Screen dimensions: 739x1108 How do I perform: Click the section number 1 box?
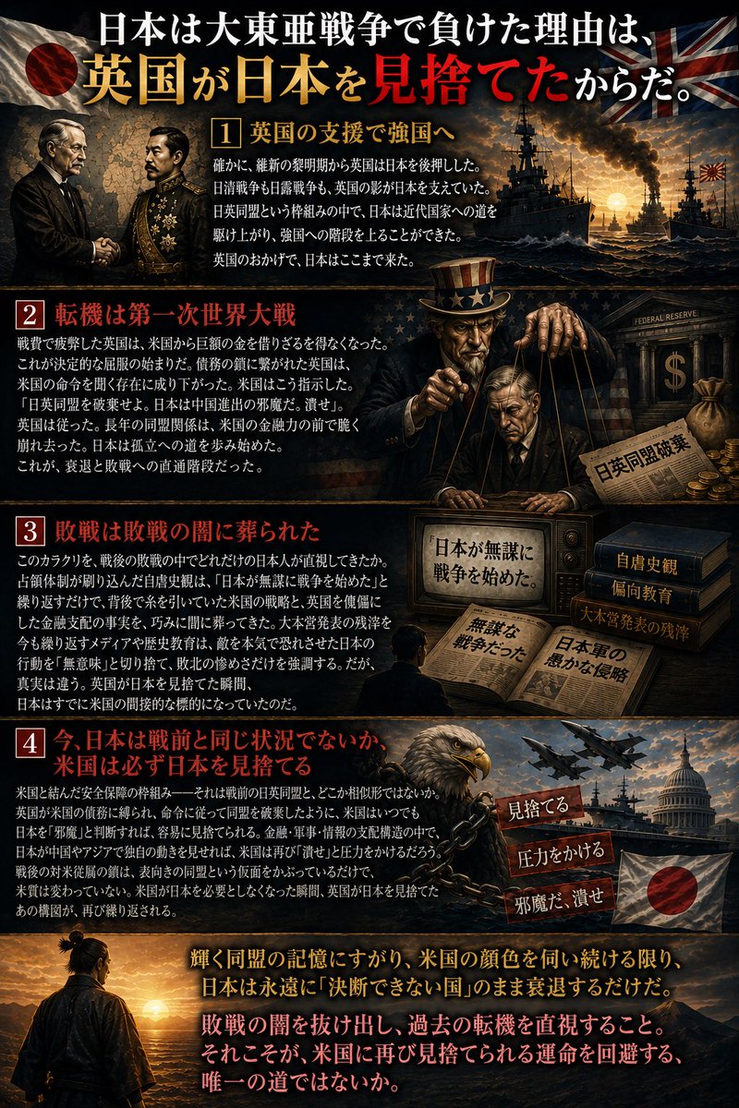tap(225, 133)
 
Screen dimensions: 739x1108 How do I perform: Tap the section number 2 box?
tap(30, 315)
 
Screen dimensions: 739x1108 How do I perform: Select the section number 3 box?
tap(30, 531)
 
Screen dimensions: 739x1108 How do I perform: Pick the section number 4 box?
tap(30, 743)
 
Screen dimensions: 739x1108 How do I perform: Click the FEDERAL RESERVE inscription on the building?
tap(666, 317)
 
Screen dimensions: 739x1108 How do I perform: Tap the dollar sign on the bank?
tap(674, 371)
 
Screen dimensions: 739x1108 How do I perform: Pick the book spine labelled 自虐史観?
tap(647, 563)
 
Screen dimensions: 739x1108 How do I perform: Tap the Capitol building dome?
tap(684, 780)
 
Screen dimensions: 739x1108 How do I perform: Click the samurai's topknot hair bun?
tap(77, 936)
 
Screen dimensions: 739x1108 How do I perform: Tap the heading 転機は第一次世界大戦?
tap(175, 315)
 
